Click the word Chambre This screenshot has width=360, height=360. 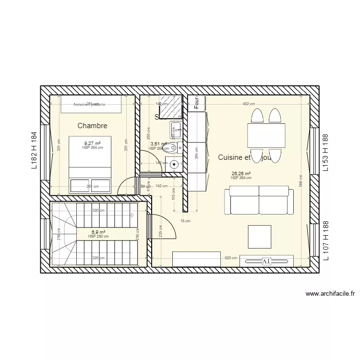[x=92, y=126]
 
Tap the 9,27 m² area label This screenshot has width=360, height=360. [x=93, y=143]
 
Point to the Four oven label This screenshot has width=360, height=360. [x=196, y=102]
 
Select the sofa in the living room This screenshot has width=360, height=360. [x=259, y=201]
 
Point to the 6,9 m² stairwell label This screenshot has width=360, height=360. [x=98, y=232]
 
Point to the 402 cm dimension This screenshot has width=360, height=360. [x=248, y=104]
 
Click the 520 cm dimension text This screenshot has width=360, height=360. [x=231, y=258]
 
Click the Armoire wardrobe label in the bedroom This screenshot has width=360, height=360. [x=89, y=104]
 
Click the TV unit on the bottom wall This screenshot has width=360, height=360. [x=266, y=261]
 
